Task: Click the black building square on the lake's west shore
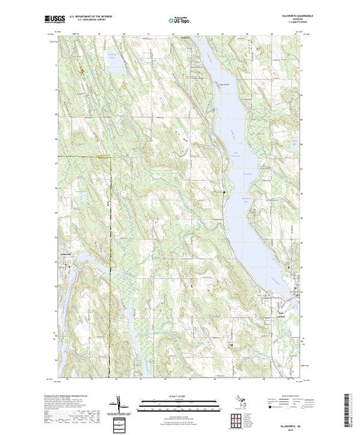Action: [x=223, y=191]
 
